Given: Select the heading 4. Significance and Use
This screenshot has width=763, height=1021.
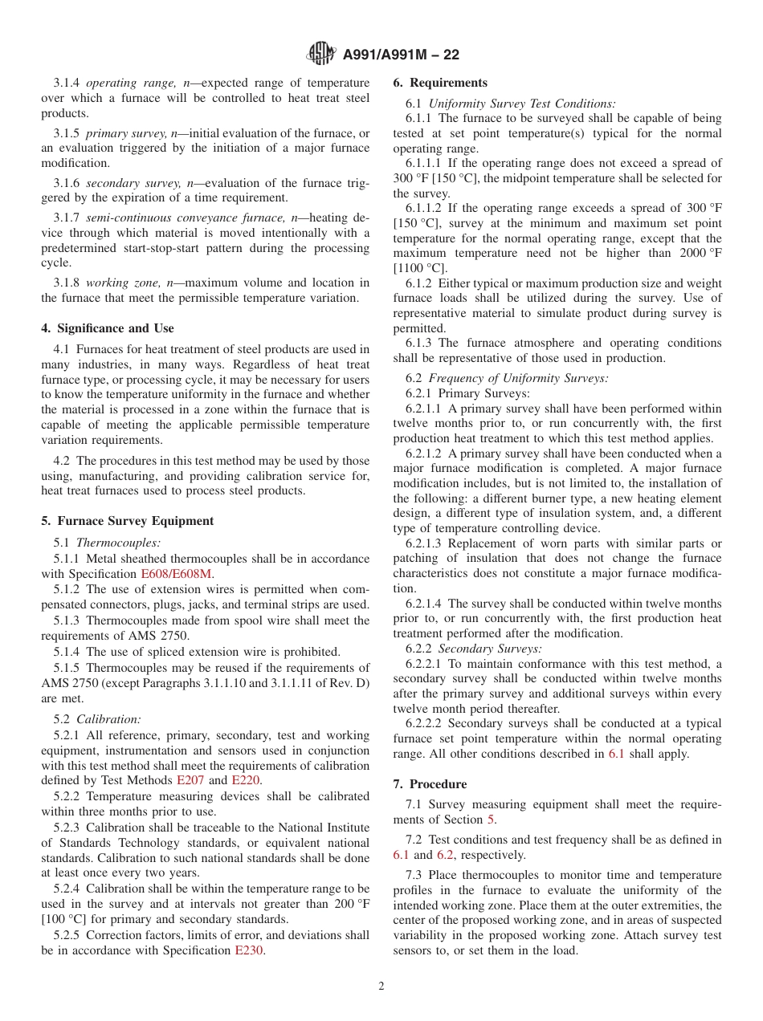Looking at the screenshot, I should click(x=108, y=328).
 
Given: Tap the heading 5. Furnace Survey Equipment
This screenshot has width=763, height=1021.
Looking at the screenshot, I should click(x=127, y=521).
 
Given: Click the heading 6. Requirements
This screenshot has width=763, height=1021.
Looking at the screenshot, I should click(x=440, y=83).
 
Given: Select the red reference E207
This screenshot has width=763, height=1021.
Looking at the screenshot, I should click(x=190, y=780).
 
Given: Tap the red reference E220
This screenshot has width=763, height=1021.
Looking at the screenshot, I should click(x=245, y=780).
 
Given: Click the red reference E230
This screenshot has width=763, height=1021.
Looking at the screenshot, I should click(x=248, y=950).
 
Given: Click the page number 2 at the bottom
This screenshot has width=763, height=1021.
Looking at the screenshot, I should click(x=381, y=986).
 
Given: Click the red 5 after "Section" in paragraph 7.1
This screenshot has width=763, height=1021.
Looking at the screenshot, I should click(x=492, y=820).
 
